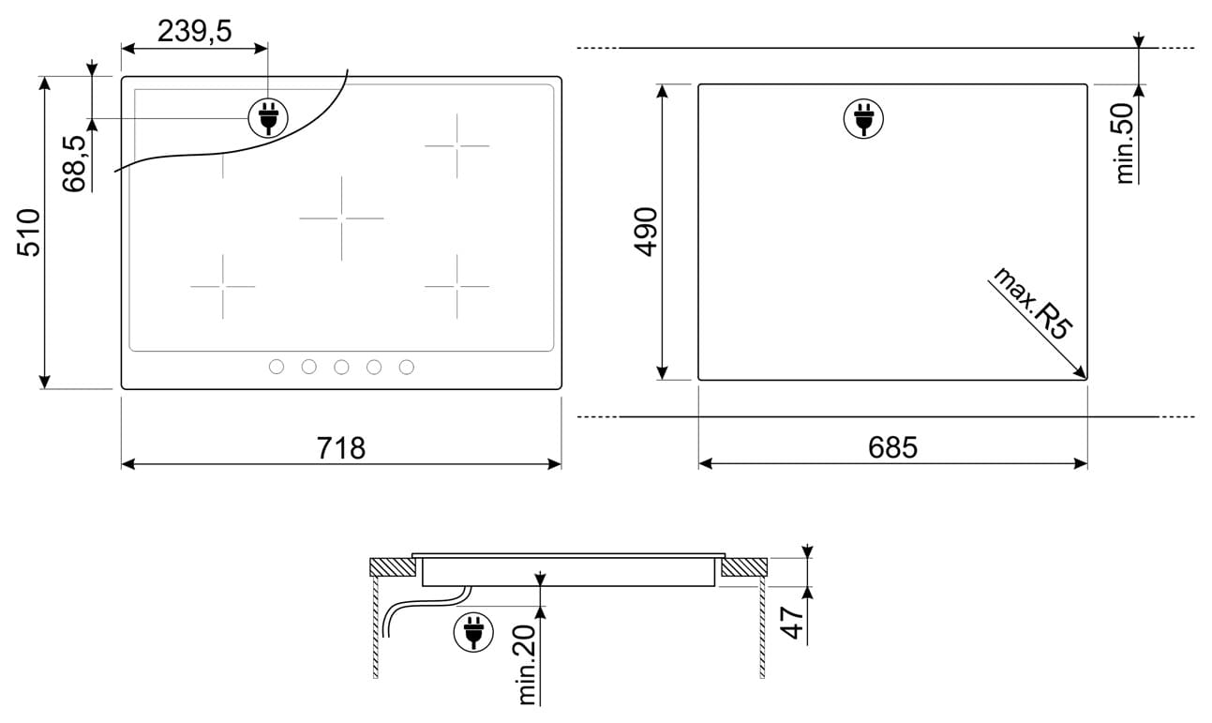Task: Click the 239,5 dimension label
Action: point(195,31)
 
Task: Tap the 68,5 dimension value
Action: point(74,163)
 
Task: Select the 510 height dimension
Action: point(28,233)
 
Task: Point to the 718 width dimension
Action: point(341,448)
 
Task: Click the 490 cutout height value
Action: point(646,232)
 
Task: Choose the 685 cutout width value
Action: point(892,447)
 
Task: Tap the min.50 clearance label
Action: point(1125,143)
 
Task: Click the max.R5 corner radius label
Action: point(1033,303)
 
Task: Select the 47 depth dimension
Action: point(792,623)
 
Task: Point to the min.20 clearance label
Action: point(527,665)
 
